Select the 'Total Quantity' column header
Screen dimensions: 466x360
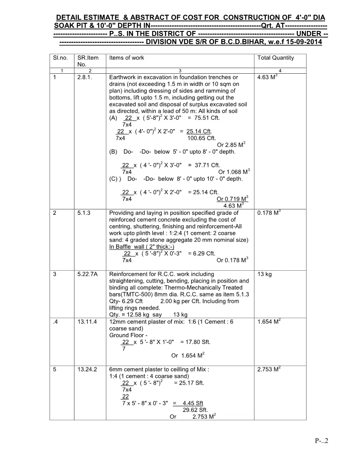coord(275,58)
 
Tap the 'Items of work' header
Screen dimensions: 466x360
coord(127,58)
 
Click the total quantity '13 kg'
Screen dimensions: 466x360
coord(264,274)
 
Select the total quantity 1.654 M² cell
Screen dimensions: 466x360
coord(269,322)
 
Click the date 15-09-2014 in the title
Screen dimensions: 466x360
coord(305,42)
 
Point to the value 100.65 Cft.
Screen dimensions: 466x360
coord(201,138)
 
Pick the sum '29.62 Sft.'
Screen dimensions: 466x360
coord(195,410)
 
